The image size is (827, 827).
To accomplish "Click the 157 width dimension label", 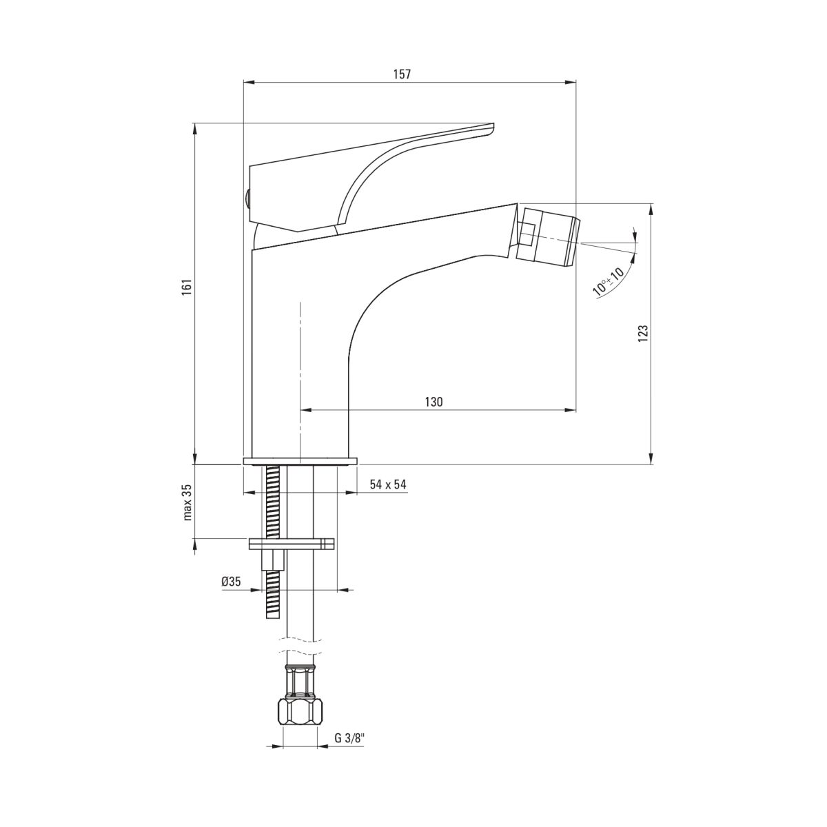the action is (402, 74).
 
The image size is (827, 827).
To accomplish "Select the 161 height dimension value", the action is (186, 287).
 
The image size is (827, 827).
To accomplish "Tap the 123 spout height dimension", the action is (642, 334).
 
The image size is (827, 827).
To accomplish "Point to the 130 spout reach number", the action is (433, 402).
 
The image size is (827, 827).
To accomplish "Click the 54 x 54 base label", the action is (388, 484).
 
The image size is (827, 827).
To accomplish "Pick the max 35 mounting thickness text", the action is (187, 502).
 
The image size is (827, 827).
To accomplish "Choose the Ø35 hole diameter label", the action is (232, 582).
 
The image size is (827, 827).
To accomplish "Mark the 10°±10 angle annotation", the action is (608, 281).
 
